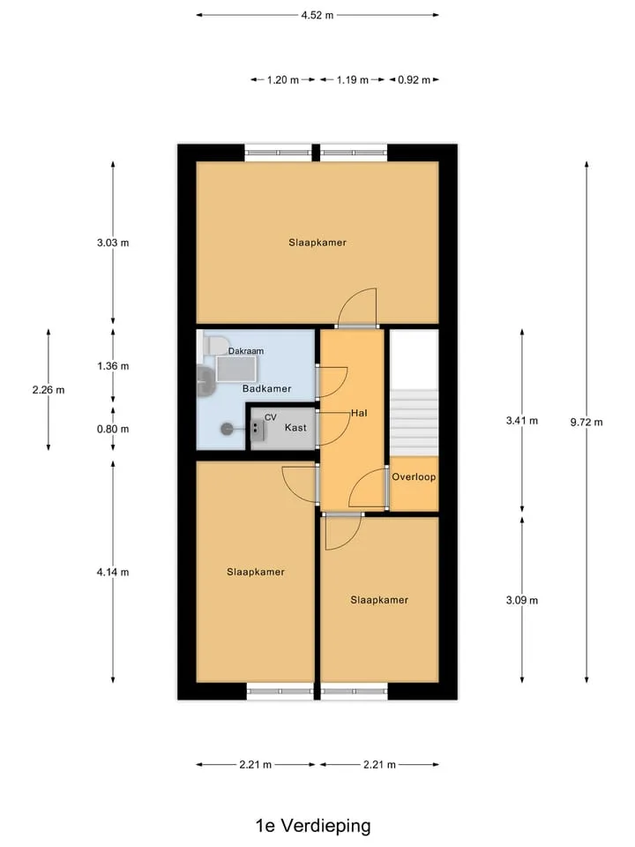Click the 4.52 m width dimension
[x=317, y=15]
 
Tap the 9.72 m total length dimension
[x=586, y=422]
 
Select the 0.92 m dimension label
[x=415, y=80]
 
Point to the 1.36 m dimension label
[x=113, y=365]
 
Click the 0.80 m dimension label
[x=113, y=429]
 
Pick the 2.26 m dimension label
[x=49, y=389]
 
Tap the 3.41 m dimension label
[x=521, y=420]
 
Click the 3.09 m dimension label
[x=521, y=600]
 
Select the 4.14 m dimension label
[x=113, y=572]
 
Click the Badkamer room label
[x=266, y=388]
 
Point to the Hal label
[x=359, y=413]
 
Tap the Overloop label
[x=414, y=477]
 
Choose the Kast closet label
[x=295, y=427]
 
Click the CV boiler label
[x=270, y=417]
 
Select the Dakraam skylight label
[x=246, y=351]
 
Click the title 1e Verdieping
[x=313, y=826]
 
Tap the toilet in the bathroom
[x=215, y=343]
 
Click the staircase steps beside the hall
[x=414, y=422]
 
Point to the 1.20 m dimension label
[x=283, y=80]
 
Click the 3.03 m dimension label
[x=113, y=243]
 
